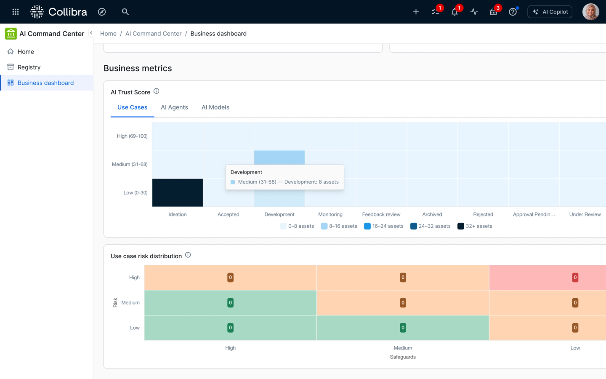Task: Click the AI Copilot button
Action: click(550, 12)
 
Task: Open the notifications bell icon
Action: click(454, 12)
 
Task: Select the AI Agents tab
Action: click(174, 107)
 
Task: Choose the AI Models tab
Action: click(215, 107)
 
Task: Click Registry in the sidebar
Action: click(29, 67)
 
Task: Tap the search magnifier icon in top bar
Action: click(125, 12)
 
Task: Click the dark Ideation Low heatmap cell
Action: click(178, 192)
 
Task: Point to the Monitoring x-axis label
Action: click(330, 214)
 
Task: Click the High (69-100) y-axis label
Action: click(132, 136)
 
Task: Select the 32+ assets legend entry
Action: click(475, 226)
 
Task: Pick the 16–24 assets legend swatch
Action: click(367, 226)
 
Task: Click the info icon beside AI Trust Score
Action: click(157, 91)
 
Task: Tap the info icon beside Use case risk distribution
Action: click(188, 255)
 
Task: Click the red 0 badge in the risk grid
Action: click(575, 278)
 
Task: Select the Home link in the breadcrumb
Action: click(108, 34)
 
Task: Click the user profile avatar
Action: click(590, 12)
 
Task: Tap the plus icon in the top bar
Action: click(416, 12)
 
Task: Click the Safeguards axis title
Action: click(403, 357)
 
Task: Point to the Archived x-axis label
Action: click(432, 214)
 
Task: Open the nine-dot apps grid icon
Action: click(16, 12)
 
